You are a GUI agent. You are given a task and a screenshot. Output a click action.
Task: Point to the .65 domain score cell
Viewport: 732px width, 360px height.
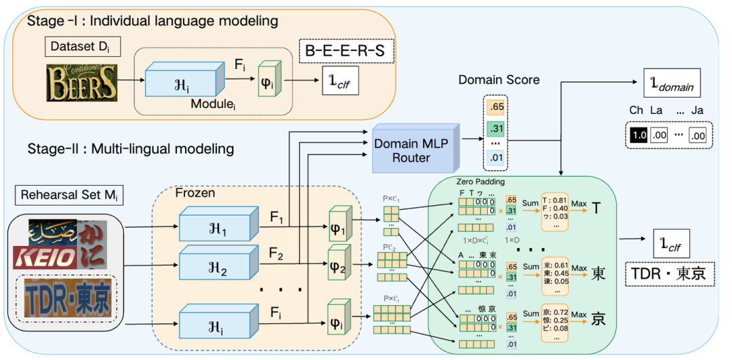pos(495,107)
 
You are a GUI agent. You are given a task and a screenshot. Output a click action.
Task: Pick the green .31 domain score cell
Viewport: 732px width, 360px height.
pos(495,129)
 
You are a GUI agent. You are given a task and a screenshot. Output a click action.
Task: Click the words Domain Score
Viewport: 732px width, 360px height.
pos(498,80)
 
